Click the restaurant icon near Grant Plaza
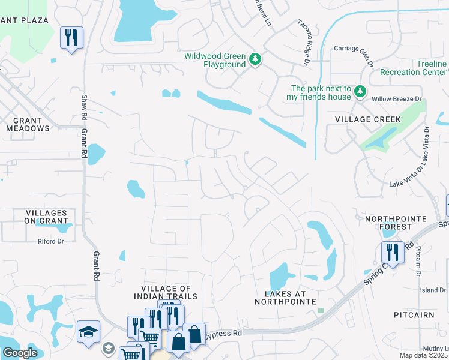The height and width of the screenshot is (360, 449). coord(71,38)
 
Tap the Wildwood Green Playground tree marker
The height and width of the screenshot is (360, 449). coord(256,58)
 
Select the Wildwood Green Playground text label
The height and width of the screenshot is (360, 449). coord(215,60)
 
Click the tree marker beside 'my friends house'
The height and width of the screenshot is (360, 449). coord(360,91)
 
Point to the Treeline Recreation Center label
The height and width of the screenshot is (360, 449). coord(414,68)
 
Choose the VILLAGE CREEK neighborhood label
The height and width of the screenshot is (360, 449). coord(363,119)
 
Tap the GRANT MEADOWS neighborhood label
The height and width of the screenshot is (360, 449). coord(28,124)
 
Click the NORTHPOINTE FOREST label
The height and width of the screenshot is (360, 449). coord(396,223)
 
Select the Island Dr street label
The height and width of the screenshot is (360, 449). coord(433,290)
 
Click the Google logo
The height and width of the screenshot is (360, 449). coord(20,353)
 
